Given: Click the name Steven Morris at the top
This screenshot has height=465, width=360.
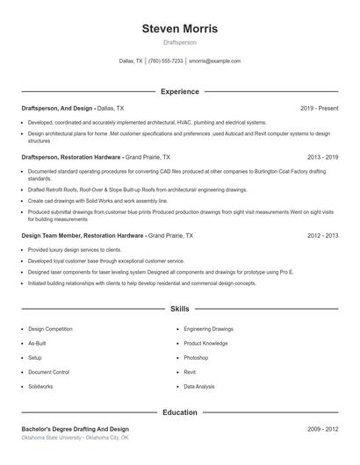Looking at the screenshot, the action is pyautogui.click(x=179, y=29).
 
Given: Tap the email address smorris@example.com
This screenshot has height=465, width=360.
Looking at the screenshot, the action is pyautogui.click(x=214, y=61).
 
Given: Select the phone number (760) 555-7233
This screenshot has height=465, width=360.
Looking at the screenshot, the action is pyautogui.click(x=165, y=61).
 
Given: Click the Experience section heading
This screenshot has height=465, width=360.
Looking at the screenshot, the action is pyautogui.click(x=179, y=91).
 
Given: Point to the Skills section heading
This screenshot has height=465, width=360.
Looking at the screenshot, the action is pyautogui.click(x=179, y=310).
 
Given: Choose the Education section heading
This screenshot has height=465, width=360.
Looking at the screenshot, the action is pyautogui.click(x=179, y=411).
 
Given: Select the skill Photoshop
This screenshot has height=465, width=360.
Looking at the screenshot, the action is pyautogui.click(x=196, y=358).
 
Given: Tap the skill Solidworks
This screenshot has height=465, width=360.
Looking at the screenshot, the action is pyautogui.click(x=40, y=386).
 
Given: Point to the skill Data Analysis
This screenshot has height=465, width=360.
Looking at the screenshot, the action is pyautogui.click(x=199, y=386).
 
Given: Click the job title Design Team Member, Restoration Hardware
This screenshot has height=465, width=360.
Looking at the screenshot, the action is pyautogui.click(x=83, y=236).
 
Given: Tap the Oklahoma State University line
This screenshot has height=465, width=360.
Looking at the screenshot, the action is pyautogui.click(x=75, y=437).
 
